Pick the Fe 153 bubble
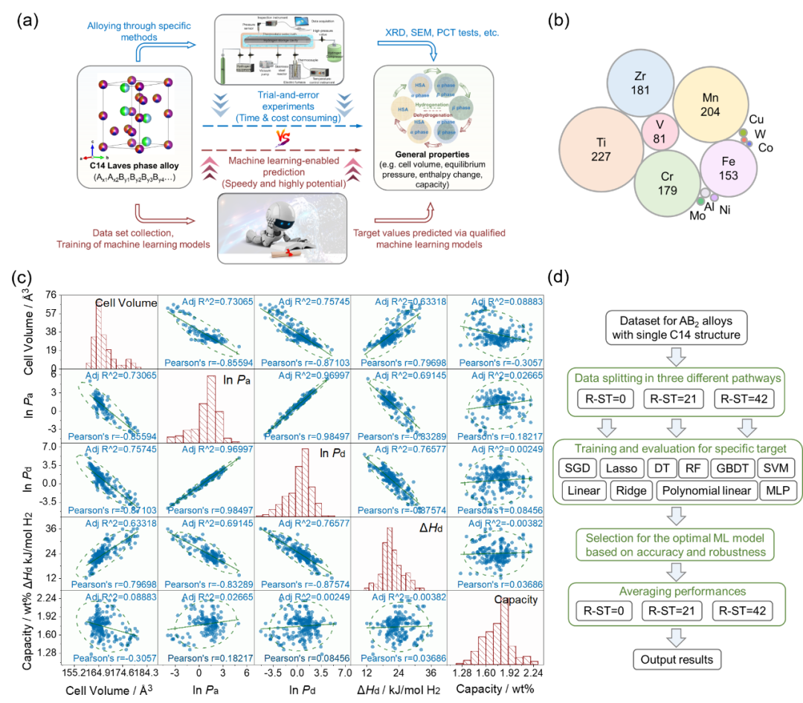728,168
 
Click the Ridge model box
631,490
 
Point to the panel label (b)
558,20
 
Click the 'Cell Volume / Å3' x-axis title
110,689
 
